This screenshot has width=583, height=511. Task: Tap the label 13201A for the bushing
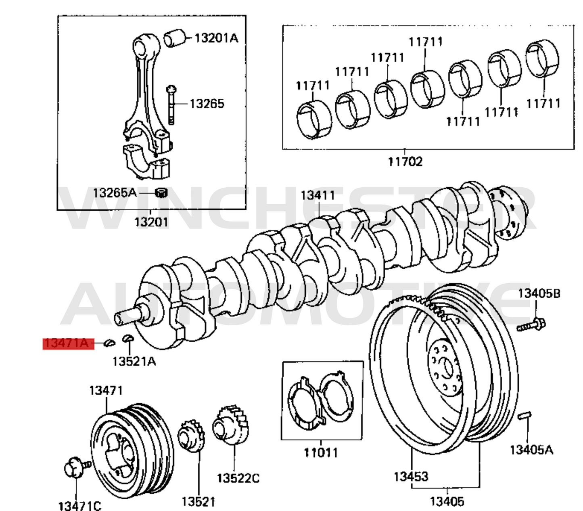pyautogui.click(x=216, y=38)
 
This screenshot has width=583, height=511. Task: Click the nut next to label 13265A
pyautogui.click(x=161, y=193)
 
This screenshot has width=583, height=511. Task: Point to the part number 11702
pyautogui.click(x=405, y=162)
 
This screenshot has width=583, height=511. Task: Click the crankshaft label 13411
pyautogui.click(x=318, y=195)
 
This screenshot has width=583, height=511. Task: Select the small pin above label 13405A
pyautogui.click(x=525, y=416)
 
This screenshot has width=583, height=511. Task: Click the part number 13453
pyautogui.click(x=411, y=477)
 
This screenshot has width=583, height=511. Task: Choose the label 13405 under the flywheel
pyautogui.click(x=447, y=502)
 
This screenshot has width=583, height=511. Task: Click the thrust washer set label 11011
pyautogui.click(x=320, y=452)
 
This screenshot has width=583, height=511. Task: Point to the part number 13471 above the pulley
pyautogui.click(x=106, y=391)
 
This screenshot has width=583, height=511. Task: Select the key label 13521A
pyautogui.click(x=134, y=361)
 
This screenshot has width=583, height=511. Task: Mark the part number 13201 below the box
pyautogui.click(x=151, y=222)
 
